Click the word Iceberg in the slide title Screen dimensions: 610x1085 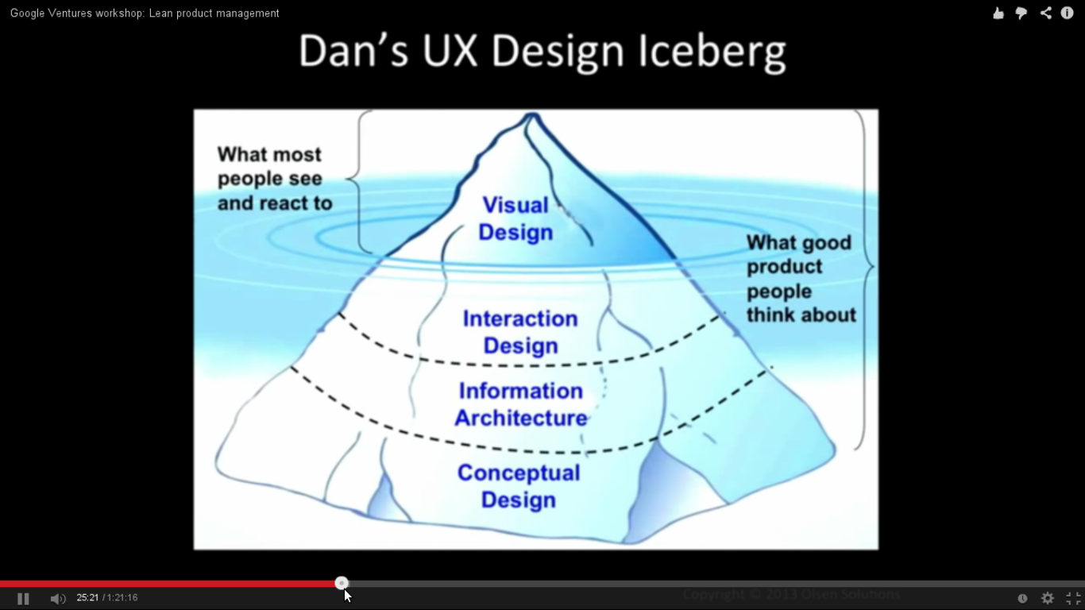point(712,52)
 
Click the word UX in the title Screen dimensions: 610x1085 point(450,52)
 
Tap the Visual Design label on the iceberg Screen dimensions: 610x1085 point(515,218)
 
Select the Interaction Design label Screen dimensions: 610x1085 point(520,332)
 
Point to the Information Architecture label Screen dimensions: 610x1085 point(521,404)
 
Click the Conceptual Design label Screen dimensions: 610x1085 point(519,486)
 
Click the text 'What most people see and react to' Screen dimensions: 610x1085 point(274,179)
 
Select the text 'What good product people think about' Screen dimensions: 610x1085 point(801,279)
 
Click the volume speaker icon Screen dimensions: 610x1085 point(58,598)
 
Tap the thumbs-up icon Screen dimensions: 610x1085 point(998,13)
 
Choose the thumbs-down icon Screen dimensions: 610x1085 point(1021,13)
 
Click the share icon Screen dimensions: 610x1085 point(1045,13)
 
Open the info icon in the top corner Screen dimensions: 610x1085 point(1068,13)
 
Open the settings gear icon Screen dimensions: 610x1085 point(1048,598)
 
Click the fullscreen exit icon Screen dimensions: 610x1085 point(1073,598)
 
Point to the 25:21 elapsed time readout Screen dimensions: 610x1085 point(87,597)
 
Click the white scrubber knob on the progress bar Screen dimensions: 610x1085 point(342,583)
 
